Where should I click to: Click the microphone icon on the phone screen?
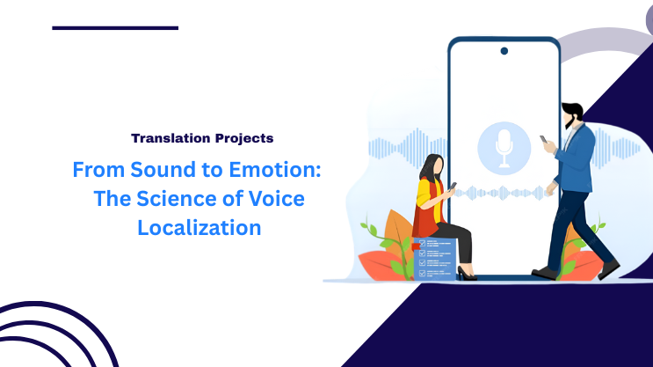pos(504,146)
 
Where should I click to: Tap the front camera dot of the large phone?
pos(504,51)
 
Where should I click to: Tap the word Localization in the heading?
pos(200,228)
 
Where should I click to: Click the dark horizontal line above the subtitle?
pos(115,28)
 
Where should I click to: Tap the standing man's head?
pos(573,114)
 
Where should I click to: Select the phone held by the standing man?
pos(544,140)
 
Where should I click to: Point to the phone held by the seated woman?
pos(453,187)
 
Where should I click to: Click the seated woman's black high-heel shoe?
pos(466,275)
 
